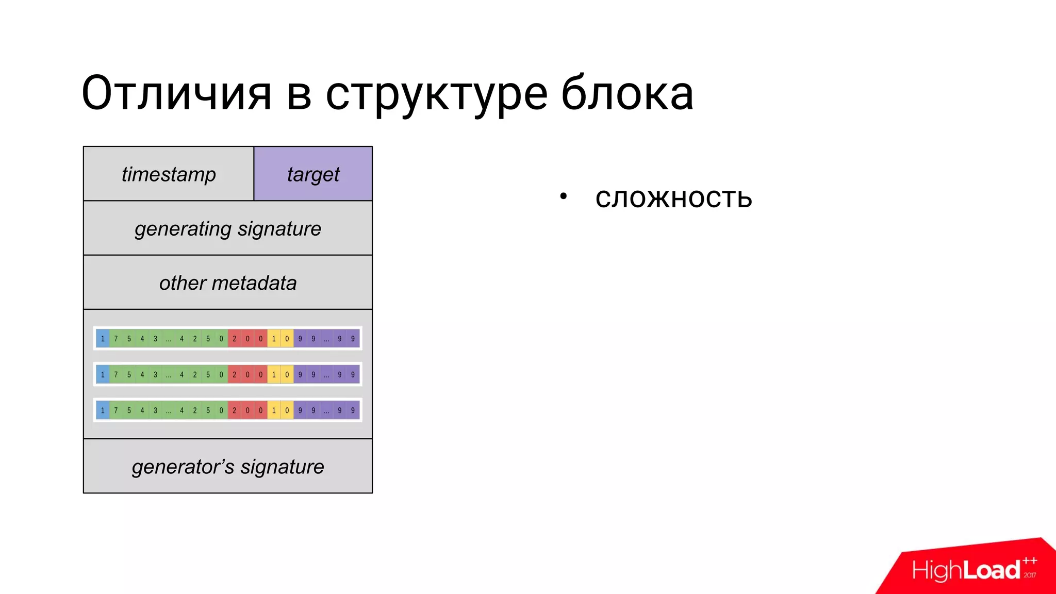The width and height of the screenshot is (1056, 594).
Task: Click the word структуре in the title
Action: [x=436, y=94]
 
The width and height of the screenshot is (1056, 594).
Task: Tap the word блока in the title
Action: [x=627, y=94]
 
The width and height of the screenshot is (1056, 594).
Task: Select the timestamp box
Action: [x=169, y=174]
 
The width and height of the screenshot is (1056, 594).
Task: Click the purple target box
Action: [x=313, y=174]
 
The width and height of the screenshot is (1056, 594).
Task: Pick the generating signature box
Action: [x=228, y=228]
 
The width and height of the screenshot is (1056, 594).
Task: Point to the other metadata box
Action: [x=228, y=283]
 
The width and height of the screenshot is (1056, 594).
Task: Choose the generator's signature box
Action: [x=228, y=467]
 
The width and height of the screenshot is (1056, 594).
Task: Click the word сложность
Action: [x=673, y=198]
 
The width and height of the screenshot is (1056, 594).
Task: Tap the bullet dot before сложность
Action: [x=564, y=196]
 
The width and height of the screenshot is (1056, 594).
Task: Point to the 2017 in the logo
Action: [x=1030, y=575]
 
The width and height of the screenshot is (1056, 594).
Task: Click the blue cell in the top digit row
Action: [x=103, y=339]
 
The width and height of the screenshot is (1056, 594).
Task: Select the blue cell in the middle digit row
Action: [x=103, y=375]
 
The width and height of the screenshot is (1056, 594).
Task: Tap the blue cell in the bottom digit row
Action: [x=103, y=410]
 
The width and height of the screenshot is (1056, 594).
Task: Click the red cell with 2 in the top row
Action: [x=234, y=339]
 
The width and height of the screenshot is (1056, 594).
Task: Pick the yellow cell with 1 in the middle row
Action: [x=274, y=375]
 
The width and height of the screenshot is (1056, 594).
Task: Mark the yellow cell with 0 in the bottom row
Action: [x=287, y=410]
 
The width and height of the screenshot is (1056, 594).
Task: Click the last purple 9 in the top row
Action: [x=353, y=339]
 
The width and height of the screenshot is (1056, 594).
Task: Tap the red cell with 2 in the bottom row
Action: [x=234, y=410]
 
